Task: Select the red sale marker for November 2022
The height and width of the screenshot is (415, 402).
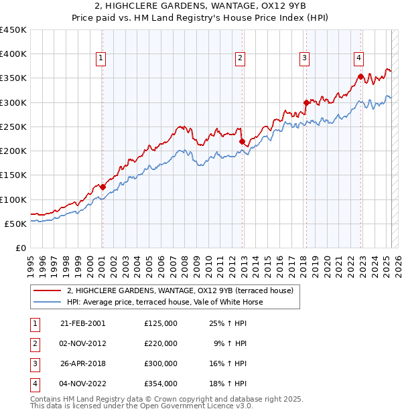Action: pyautogui.click(x=360, y=76)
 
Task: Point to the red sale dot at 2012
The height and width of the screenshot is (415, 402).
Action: pyautogui.click(x=242, y=141)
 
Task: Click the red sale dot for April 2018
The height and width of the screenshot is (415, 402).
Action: pyautogui.click(x=306, y=102)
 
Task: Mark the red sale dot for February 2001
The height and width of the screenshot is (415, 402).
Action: pyautogui.click(x=103, y=187)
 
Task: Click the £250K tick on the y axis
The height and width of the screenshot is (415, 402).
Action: pyautogui.click(x=13, y=127)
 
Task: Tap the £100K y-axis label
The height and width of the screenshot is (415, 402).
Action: pyautogui.click(x=13, y=199)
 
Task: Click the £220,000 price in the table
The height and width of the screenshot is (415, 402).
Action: pyautogui.click(x=161, y=343)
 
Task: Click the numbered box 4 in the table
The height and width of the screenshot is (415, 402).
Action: pyautogui.click(x=33, y=384)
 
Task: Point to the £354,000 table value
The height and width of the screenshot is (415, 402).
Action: pyautogui.click(x=161, y=384)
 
